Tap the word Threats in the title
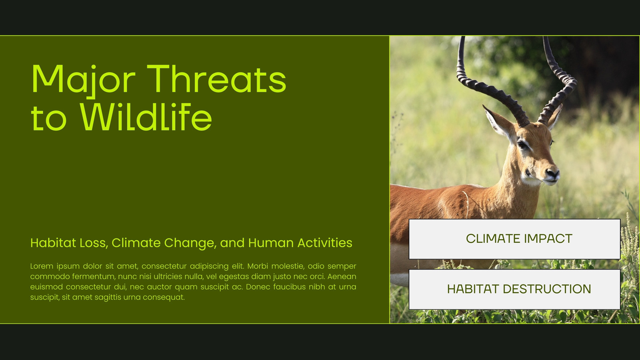click(216, 78)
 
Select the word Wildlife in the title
click(146, 116)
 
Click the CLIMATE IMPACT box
click(514, 239)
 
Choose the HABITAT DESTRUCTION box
click(514, 289)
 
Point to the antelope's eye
click(522, 144)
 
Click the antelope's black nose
click(552, 173)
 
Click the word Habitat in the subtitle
click(53, 243)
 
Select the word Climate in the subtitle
click(136, 243)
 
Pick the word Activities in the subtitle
click(325, 243)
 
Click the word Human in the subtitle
click(271, 243)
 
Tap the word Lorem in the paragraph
click(42, 266)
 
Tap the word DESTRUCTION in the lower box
click(547, 289)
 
